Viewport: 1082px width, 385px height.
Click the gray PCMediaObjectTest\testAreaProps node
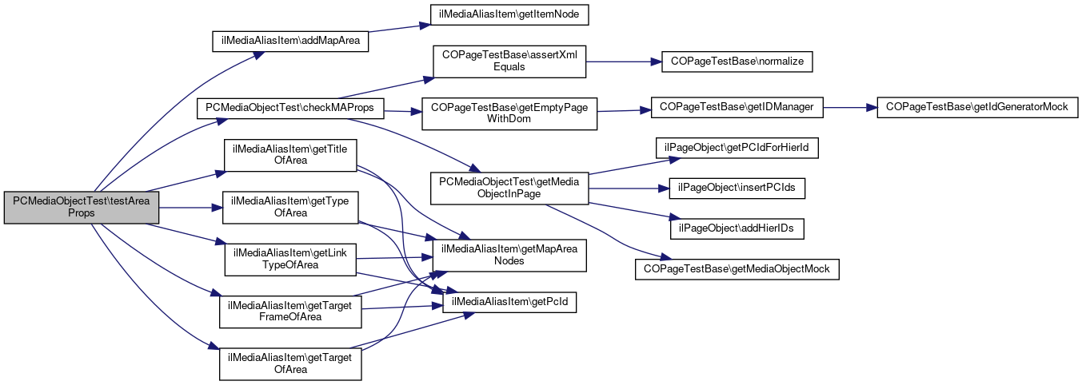click(x=82, y=207)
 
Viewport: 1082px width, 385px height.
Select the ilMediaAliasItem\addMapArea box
click(x=289, y=42)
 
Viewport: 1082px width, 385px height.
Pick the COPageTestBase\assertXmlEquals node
click(x=509, y=61)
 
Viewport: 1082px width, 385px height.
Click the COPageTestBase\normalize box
click(x=737, y=61)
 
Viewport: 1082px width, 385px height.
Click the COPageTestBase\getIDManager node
click(x=737, y=107)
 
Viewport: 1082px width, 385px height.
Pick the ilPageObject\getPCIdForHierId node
click(x=737, y=148)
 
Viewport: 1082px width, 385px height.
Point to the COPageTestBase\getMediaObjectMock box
click(x=737, y=269)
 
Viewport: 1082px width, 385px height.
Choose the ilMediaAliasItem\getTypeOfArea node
click(x=289, y=207)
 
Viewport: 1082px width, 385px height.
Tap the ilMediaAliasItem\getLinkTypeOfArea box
click(x=289, y=258)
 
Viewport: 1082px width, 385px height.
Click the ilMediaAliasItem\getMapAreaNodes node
click(x=509, y=254)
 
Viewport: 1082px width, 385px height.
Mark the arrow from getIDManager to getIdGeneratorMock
click(x=851, y=107)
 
